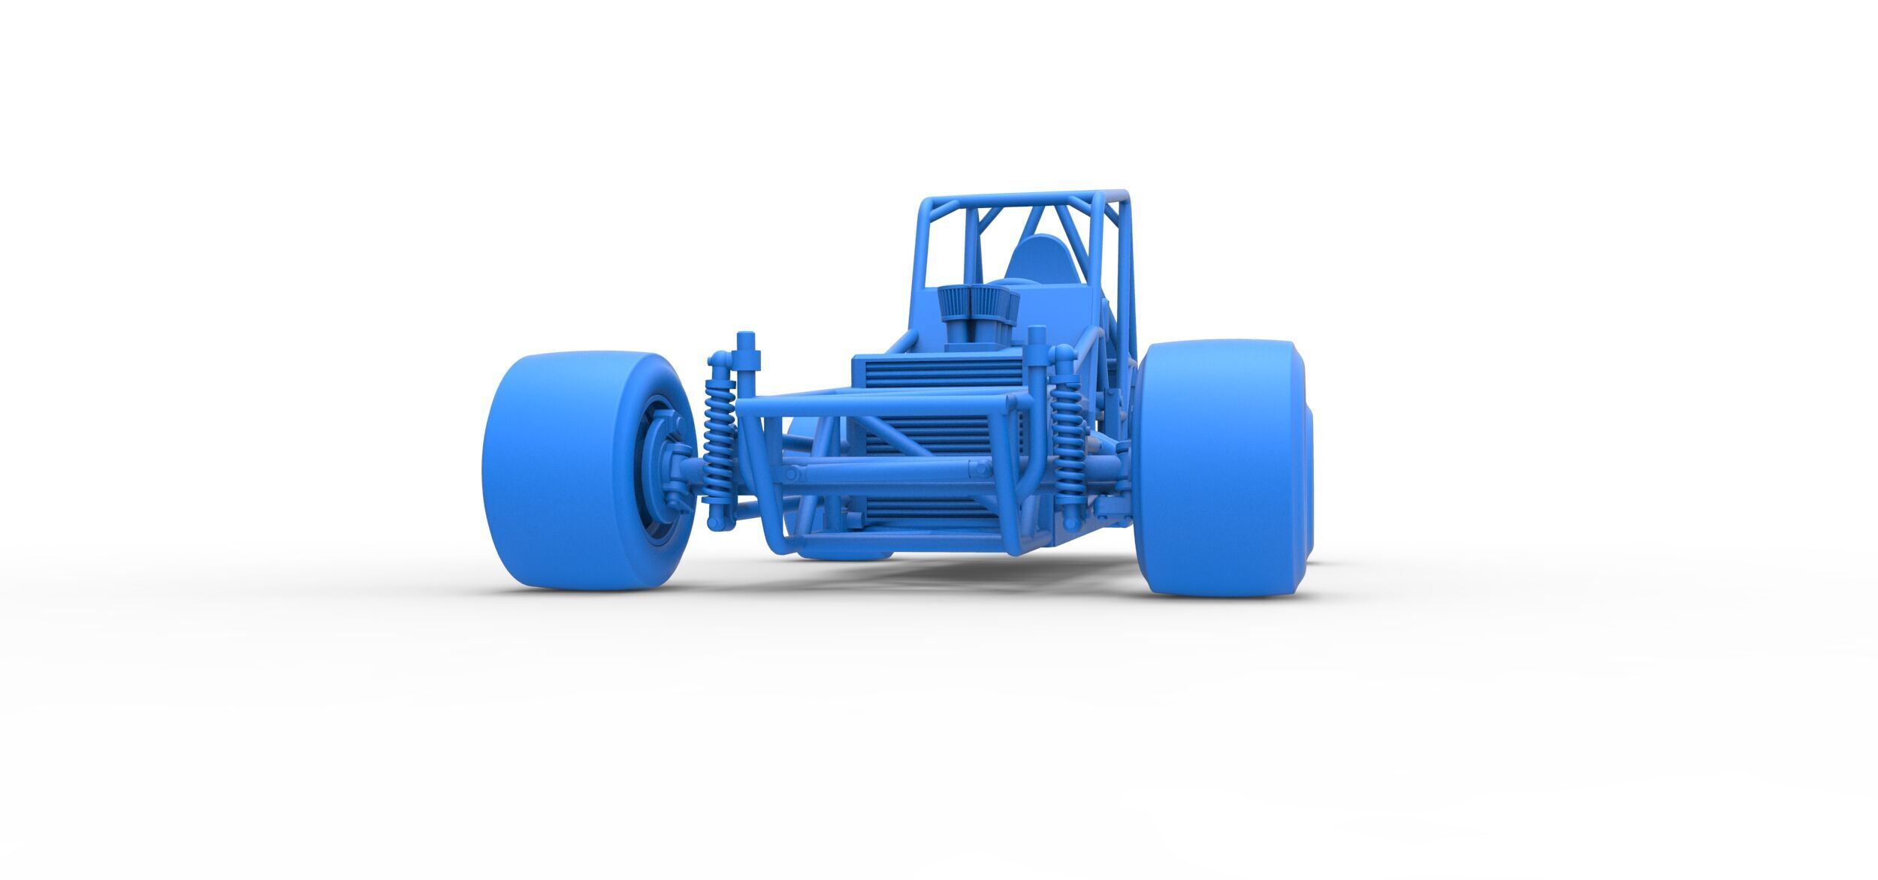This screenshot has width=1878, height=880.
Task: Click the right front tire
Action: (x=1217, y=469)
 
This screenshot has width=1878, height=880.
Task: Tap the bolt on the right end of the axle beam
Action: (x=979, y=469)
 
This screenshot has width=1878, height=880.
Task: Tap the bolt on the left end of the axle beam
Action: (x=792, y=475)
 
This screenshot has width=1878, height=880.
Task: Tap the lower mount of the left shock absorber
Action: (x=720, y=518)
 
